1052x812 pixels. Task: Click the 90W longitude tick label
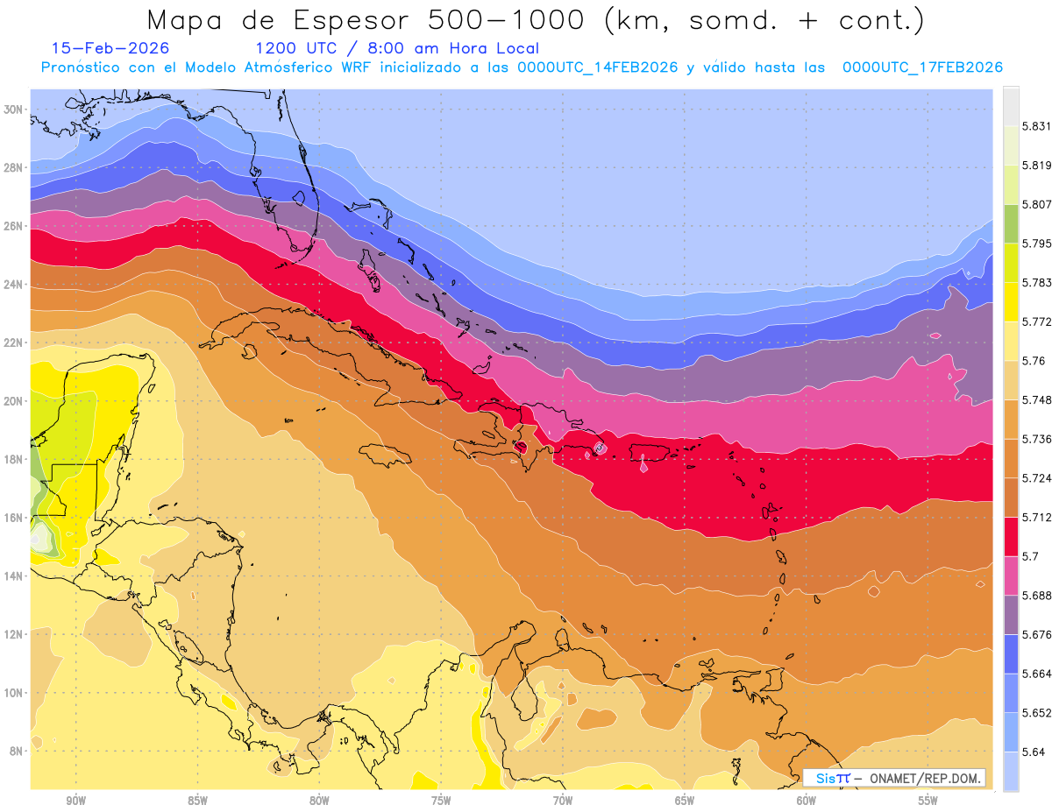tap(75, 801)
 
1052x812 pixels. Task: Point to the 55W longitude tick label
tap(928, 801)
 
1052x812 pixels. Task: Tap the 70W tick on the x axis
tap(563, 801)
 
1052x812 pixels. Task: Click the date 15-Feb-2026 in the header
tap(110, 49)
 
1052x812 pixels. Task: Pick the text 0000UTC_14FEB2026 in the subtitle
tap(598, 67)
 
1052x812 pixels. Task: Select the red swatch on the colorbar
tap(1011, 536)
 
